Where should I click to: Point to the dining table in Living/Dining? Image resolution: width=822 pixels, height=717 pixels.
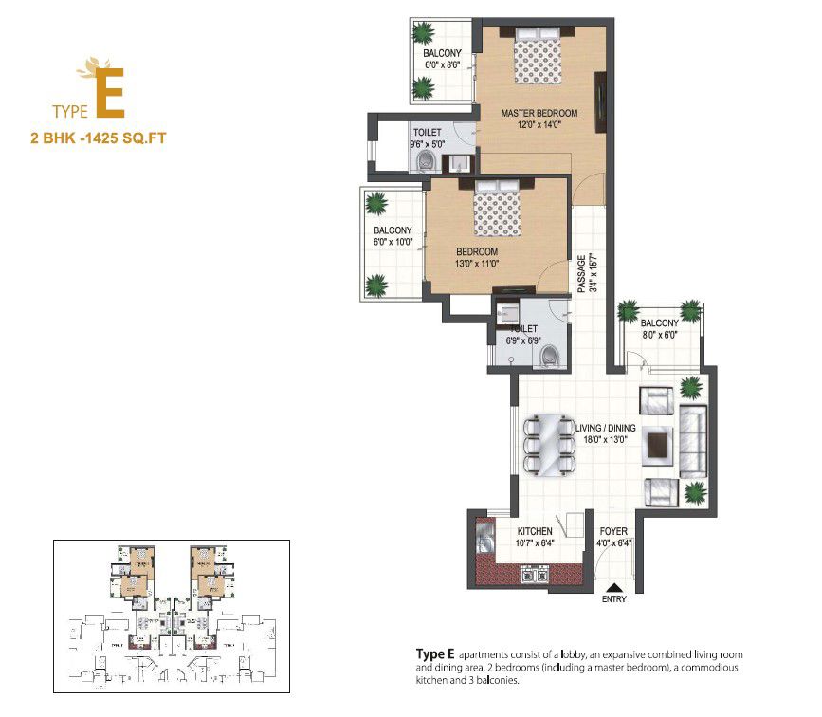[546, 445]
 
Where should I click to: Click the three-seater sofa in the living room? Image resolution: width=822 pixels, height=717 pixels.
[693, 443]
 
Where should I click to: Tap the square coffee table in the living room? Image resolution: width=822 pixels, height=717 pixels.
[656, 443]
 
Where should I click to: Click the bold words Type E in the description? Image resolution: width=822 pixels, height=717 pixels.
[436, 654]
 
